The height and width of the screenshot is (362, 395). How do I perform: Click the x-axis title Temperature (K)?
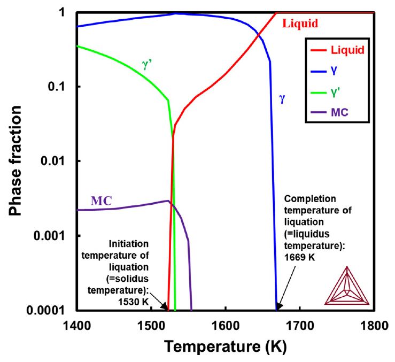[225, 346]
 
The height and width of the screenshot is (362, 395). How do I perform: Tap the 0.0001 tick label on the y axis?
[51, 310]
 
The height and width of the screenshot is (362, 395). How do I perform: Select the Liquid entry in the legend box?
[347, 51]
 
